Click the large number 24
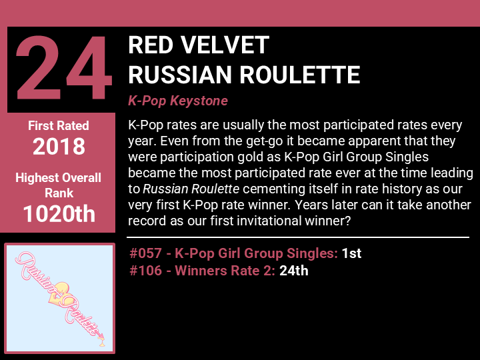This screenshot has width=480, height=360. click(64, 68)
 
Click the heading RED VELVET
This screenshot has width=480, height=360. click(199, 45)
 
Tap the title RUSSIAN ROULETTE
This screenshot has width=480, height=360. click(244, 75)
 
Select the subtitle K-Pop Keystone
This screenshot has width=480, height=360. click(178, 101)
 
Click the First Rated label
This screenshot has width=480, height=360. click(59, 125)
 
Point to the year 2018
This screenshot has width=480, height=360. click(59, 146)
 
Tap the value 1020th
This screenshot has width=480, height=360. click(59, 213)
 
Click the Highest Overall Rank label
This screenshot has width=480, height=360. click(58, 185)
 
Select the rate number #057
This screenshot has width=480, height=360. click(145, 253)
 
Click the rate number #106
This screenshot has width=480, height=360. click(145, 271)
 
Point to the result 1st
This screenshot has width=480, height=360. click(351, 253)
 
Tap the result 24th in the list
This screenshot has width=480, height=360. click(293, 271)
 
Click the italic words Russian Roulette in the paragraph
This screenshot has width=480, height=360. click(191, 189)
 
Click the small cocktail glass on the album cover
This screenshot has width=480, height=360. click(101, 342)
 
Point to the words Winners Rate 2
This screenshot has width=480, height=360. click(225, 271)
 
